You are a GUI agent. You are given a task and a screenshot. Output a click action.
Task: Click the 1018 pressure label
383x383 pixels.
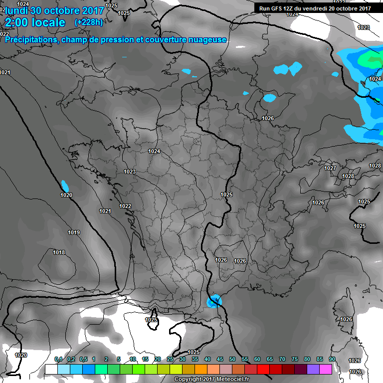pyautogui.click(x=59, y=253)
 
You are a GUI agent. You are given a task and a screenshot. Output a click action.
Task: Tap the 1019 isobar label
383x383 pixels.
pyautogui.click(x=74, y=232)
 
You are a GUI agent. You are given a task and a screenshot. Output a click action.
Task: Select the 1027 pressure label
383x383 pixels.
pyautogui.click(x=330, y=169)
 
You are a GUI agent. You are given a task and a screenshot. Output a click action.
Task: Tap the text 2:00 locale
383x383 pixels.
pyautogui.click(x=35, y=22)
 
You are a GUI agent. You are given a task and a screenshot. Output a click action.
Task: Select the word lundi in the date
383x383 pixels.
pyautogui.click(x=16, y=10)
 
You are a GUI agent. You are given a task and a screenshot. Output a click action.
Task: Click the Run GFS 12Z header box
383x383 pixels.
pyautogui.click(x=314, y=8)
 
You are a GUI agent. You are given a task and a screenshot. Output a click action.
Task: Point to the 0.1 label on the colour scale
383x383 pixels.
pyautogui.click(x=58, y=359)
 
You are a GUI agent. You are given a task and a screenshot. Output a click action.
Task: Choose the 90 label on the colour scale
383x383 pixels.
pyautogui.click(x=332, y=359)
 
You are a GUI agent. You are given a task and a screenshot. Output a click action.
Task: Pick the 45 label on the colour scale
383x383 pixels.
pyautogui.click(x=220, y=359)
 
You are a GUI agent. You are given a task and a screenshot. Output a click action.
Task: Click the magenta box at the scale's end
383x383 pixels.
pyautogui.click(x=326, y=369)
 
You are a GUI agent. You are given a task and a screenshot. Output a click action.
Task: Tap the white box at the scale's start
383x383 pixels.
pyautogui.click(x=51, y=369)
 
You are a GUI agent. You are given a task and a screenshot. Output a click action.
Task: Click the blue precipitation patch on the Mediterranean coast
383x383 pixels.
pyautogui.click(x=214, y=301)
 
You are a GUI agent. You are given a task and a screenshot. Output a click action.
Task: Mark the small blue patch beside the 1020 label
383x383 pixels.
pyautogui.click(x=64, y=185)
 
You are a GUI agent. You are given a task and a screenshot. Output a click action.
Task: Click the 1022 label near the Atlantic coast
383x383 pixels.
pyautogui.click(x=125, y=206)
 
